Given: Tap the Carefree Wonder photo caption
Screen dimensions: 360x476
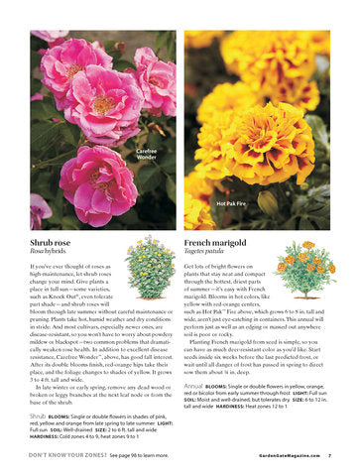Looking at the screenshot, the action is pos(146,154).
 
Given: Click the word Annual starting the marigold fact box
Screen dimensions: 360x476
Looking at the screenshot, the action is pos(195,384).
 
